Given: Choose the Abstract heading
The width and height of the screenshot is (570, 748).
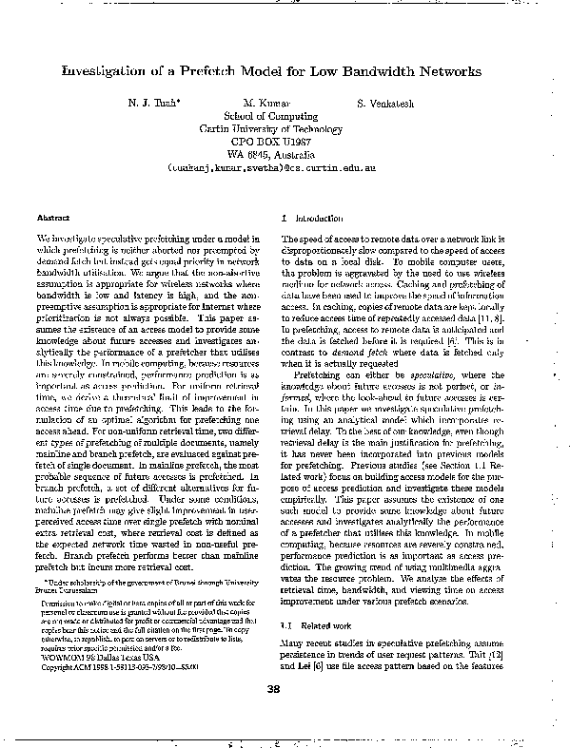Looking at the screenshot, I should [x=53, y=218].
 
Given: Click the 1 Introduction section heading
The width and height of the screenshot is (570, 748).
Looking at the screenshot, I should [x=305, y=218].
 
